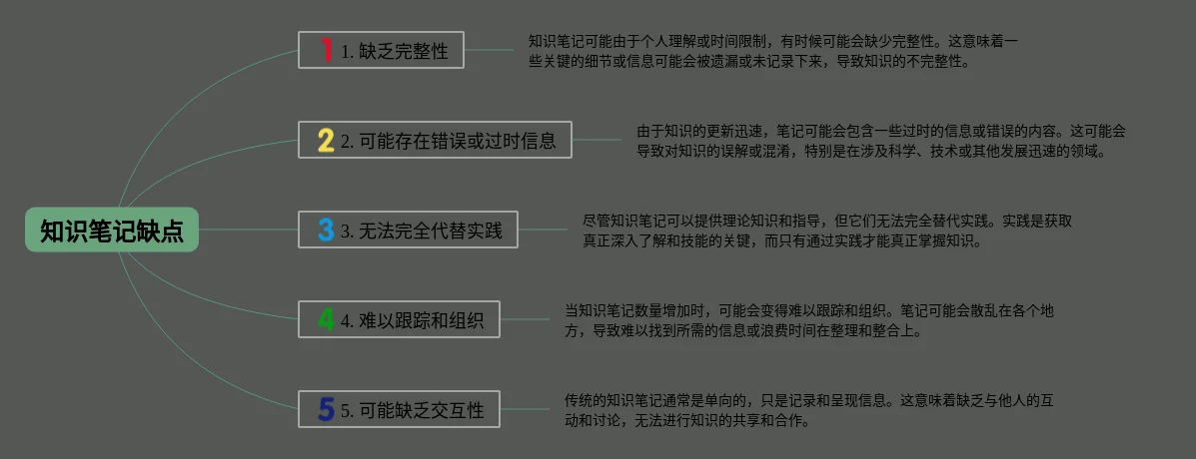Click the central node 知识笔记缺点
[x=112, y=230]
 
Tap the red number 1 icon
[x=326, y=50]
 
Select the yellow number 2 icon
[x=326, y=140]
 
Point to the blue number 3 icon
[x=326, y=229]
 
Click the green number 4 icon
[x=326, y=319]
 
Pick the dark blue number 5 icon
[x=326, y=409]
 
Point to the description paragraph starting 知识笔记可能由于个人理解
[x=772, y=51]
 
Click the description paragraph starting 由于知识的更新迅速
[x=880, y=141]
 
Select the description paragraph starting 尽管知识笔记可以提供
[x=826, y=230]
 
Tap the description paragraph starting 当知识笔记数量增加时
[x=808, y=320]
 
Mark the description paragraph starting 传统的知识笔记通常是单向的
[x=808, y=410]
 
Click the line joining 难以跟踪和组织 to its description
[x=524, y=319]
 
